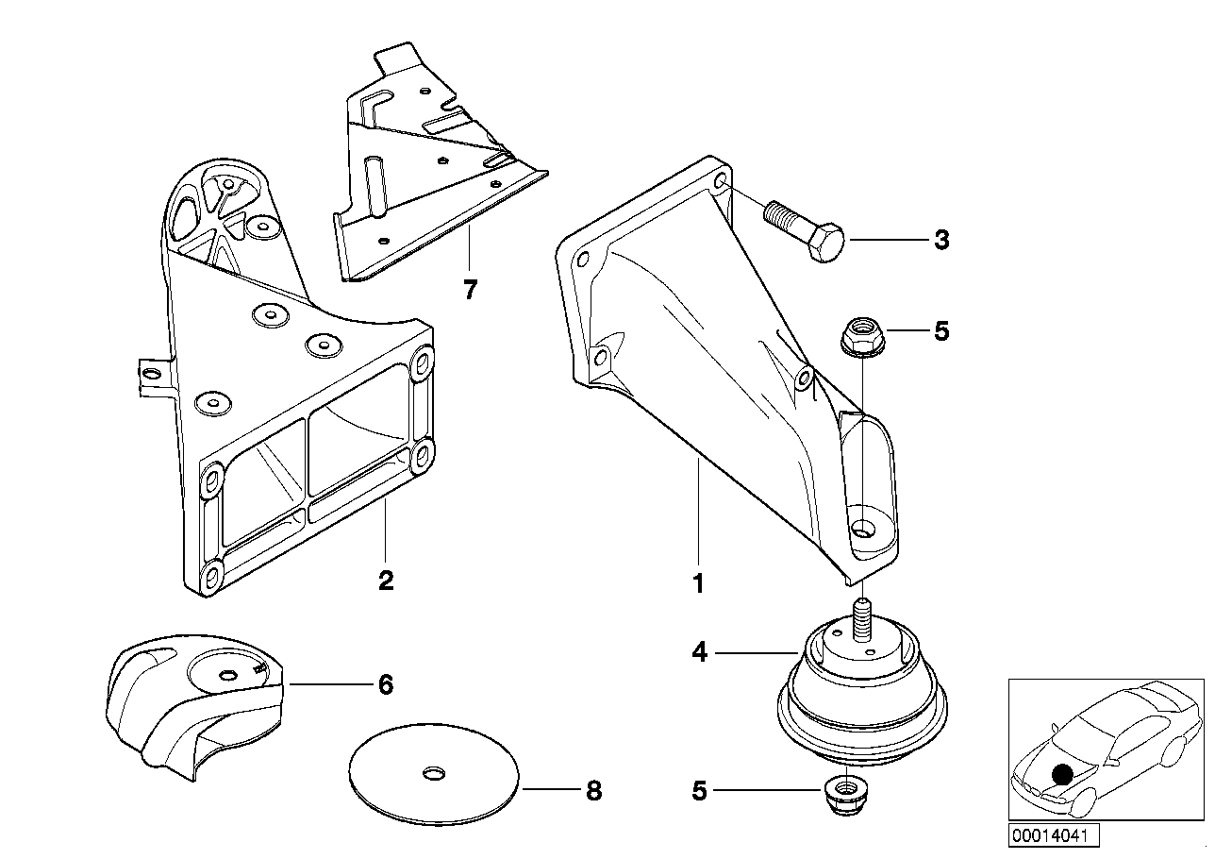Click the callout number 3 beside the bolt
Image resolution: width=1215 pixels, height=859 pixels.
[941, 240]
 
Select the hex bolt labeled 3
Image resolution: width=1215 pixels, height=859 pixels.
[804, 231]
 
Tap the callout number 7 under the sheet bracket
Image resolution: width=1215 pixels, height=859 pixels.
[470, 290]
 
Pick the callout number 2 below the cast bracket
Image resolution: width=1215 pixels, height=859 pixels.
[386, 581]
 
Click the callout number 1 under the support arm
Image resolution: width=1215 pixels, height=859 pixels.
[699, 583]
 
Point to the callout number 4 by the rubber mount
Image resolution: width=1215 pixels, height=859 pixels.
[700, 652]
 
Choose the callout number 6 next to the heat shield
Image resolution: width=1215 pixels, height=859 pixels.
[386, 684]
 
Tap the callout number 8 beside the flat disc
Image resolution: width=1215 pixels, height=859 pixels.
[594, 791]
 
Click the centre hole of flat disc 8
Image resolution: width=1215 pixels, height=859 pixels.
[433, 773]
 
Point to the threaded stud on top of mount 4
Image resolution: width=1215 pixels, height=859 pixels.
[862, 619]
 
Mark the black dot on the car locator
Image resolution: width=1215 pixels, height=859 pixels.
[1061, 775]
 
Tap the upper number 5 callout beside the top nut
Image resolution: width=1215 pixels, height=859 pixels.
[941, 331]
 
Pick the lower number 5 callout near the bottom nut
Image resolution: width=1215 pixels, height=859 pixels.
[699, 791]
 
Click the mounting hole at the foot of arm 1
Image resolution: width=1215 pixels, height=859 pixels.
[862, 527]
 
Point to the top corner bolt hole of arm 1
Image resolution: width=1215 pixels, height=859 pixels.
[722, 180]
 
